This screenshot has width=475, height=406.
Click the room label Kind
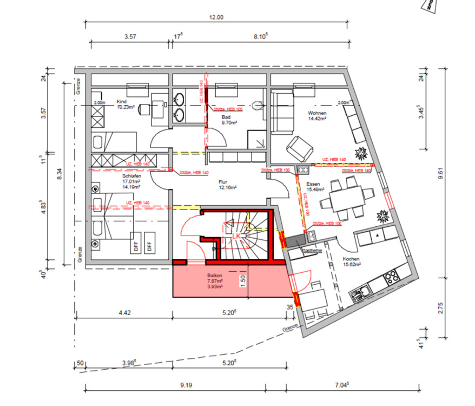pos(121,101)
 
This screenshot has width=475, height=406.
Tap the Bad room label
pos(226,117)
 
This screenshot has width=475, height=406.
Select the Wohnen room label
pos(317,113)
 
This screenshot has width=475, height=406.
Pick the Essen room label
pos(313,185)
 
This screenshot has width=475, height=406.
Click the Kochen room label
pos(351,259)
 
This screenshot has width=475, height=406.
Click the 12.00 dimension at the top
pos(216,18)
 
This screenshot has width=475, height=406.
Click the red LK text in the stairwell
pos(236,237)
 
